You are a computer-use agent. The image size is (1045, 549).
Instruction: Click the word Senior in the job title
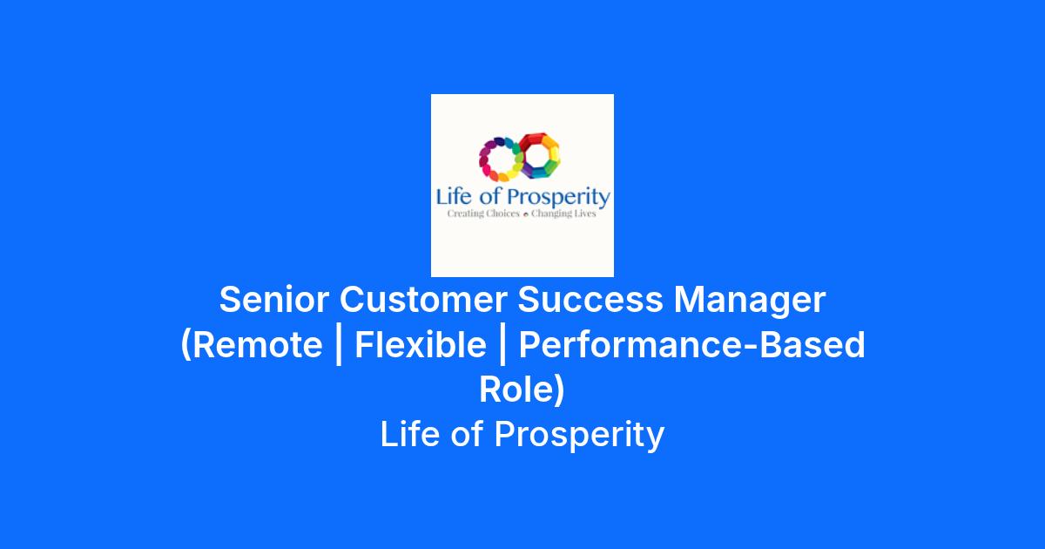pos(274,299)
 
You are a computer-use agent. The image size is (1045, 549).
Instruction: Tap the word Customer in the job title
pos(423,299)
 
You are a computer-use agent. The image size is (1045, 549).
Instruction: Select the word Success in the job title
pos(590,299)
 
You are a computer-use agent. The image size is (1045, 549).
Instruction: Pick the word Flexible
pos(421,344)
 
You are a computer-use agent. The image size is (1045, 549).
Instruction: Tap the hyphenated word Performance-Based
pos(691,344)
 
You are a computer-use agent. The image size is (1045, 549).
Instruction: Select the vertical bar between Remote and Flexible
pos(339,347)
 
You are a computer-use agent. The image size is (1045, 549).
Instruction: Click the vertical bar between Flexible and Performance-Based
pos(502,347)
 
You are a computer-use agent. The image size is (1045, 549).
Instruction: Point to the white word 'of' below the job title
pos(467,434)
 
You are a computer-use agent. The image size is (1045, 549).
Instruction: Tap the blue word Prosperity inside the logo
pos(559,198)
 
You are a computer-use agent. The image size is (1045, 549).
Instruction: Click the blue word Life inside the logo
pos(454,197)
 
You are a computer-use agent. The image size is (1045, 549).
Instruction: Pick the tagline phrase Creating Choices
pos(483,213)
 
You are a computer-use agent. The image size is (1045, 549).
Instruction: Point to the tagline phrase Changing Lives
pos(563,213)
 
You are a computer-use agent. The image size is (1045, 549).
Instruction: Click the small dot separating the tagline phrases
pos(526,214)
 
